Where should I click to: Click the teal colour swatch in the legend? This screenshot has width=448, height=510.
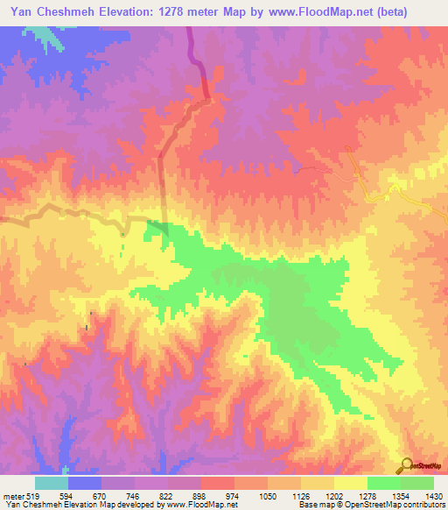click(52, 483)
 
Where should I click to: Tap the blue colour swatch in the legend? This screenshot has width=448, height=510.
click(85, 483)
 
